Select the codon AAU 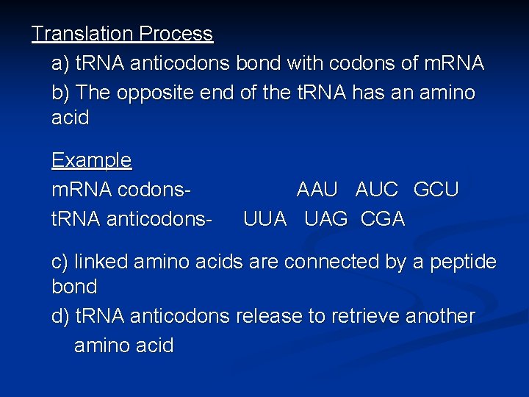[x=317, y=190]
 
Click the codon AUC [x=375, y=190]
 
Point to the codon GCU [x=436, y=190]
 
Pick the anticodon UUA [x=264, y=219]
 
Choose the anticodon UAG [x=325, y=219]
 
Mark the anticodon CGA [x=383, y=219]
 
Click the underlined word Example [x=91, y=160]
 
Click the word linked [x=98, y=262]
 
